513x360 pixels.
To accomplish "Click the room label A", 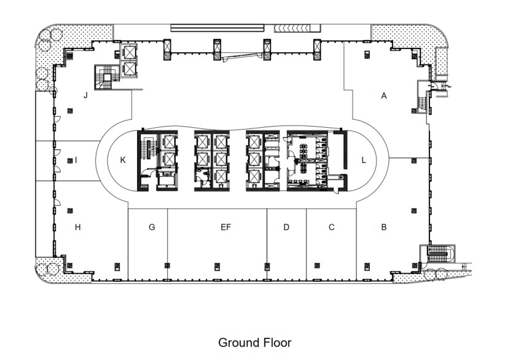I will point(385,96).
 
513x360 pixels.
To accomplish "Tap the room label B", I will point(384,227).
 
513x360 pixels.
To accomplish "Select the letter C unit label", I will point(331,227).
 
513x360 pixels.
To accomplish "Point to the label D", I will point(286,227).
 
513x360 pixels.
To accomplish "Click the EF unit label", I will point(225,227).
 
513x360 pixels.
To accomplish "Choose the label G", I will point(152,227).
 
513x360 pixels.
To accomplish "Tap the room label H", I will point(77,227).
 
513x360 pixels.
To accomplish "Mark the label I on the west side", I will point(76,160).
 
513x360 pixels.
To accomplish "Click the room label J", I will point(86,95).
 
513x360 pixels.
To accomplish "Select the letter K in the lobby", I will point(123,160).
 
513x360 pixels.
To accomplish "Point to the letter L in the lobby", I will point(364,160).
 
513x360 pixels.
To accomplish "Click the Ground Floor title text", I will point(255,342).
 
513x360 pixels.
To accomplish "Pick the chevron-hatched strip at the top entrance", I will point(297,28).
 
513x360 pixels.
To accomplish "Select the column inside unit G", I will point(166,265).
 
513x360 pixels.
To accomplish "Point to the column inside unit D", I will point(266,265).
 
